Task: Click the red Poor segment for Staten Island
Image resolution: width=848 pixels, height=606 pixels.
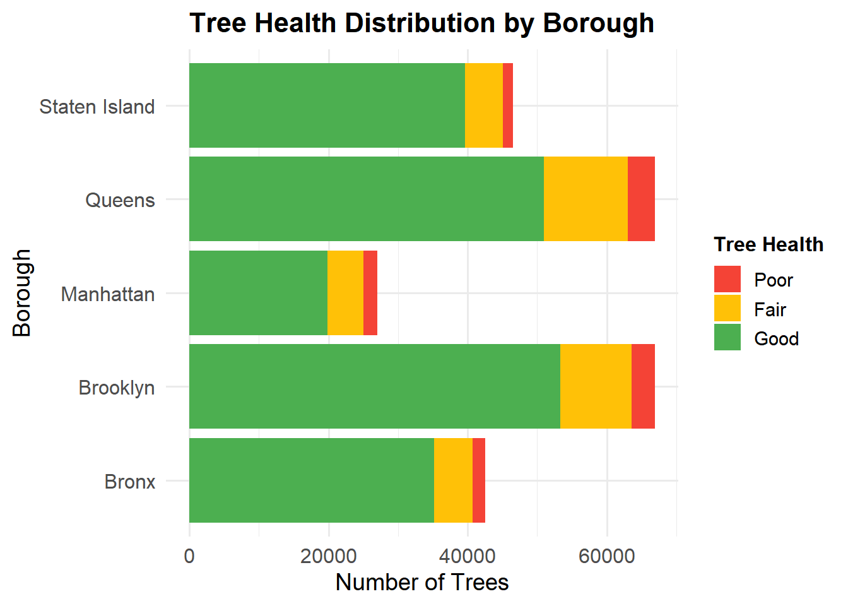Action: click(x=508, y=105)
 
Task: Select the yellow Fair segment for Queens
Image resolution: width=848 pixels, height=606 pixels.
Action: click(x=586, y=199)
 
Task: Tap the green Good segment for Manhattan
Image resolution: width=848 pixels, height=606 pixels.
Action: click(x=258, y=293)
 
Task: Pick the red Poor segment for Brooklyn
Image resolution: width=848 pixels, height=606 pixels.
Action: click(x=643, y=386)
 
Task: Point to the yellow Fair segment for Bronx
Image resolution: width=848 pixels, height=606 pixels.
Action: click(x=453, y=480)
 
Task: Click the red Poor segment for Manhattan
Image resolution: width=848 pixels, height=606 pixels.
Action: click(x=370, y=293)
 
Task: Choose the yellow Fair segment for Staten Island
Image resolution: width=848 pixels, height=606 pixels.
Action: click(x=484, y=105)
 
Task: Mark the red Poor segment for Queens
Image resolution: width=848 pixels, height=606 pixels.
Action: click(x=641, y=199)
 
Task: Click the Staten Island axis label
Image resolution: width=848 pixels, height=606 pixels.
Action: click(x=97, y=107)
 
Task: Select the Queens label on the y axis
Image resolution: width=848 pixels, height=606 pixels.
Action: click(x=120, y=200)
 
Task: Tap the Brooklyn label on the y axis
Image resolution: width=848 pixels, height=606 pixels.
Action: click(x=117, y=387)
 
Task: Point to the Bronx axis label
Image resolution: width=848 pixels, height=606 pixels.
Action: click(x=130, y=482)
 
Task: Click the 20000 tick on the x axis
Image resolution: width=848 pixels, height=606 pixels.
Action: click(x=328, y=556)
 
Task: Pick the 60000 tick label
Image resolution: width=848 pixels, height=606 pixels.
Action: click(x=607, y=556)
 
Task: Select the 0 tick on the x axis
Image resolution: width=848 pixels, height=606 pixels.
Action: click(x=189, y=556)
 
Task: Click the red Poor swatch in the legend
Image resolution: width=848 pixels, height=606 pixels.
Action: click(x=727, y=279)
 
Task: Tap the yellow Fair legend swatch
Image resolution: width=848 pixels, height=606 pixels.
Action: click(x=727, y=309)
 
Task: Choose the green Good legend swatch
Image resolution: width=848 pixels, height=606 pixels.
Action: click(x=727, y=338)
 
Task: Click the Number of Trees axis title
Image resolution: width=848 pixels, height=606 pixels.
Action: click(x=422, y=582)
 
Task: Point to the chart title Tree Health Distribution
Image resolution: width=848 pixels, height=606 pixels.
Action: click(x=422, y=23)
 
